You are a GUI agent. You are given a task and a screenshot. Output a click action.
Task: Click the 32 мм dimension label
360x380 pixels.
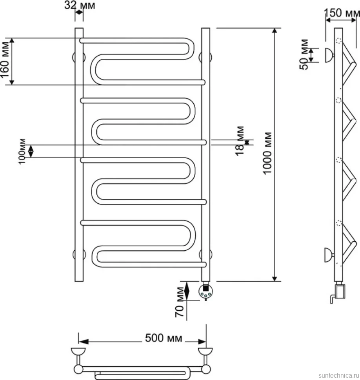pos(80,5)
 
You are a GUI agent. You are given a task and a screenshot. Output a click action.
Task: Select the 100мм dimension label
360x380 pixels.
pos(22,152)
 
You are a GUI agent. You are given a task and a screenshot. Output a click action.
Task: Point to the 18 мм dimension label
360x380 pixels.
pos(240,141)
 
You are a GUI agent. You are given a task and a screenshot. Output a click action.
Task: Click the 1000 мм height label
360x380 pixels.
pos(267,154)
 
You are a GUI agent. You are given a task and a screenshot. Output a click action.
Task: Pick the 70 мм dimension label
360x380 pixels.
pos(180,302)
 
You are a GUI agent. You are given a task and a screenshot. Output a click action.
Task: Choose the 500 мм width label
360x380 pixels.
pos(164,338)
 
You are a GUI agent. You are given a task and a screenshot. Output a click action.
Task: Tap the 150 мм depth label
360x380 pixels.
pos(342,13)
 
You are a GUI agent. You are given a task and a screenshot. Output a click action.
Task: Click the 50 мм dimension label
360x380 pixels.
pos(304,54)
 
